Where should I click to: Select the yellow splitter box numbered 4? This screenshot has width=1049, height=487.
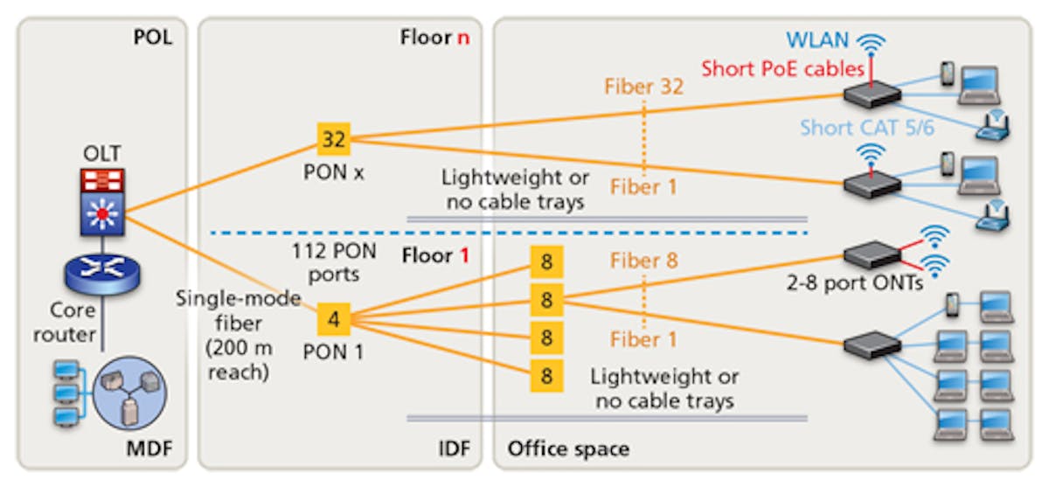click(333, 319)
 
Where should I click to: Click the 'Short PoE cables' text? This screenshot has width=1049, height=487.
click(782, 69)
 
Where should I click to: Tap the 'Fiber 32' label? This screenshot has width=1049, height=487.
click(643, 87)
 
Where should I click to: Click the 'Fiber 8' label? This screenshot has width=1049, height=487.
click(643, 261)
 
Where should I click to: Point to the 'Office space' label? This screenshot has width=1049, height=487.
click(568, 450)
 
